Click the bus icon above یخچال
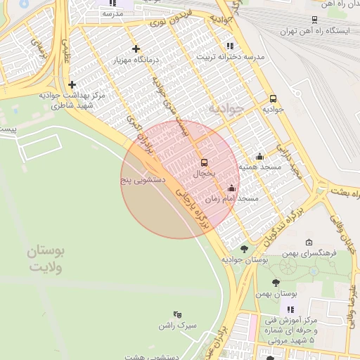(205, 162)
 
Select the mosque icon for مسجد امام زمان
(232, 188)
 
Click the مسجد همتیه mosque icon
(259, 156)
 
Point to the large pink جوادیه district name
(226, 110)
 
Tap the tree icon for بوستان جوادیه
(244, 248)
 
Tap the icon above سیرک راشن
(176, 314)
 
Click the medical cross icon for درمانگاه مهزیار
(136, 49)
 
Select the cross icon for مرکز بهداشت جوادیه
(71, 84)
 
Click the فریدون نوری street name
(169, 22)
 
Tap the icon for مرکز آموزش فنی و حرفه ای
(290, 309)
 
